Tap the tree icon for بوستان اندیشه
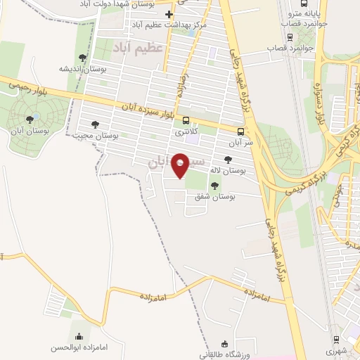coord(83,58)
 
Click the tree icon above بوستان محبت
coord(95,124)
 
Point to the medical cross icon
coord(169,15)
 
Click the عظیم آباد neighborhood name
coord(138,48)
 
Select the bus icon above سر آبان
coord(242,131)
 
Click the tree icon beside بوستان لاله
coord(227,160)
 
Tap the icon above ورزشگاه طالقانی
coord(225,344)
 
